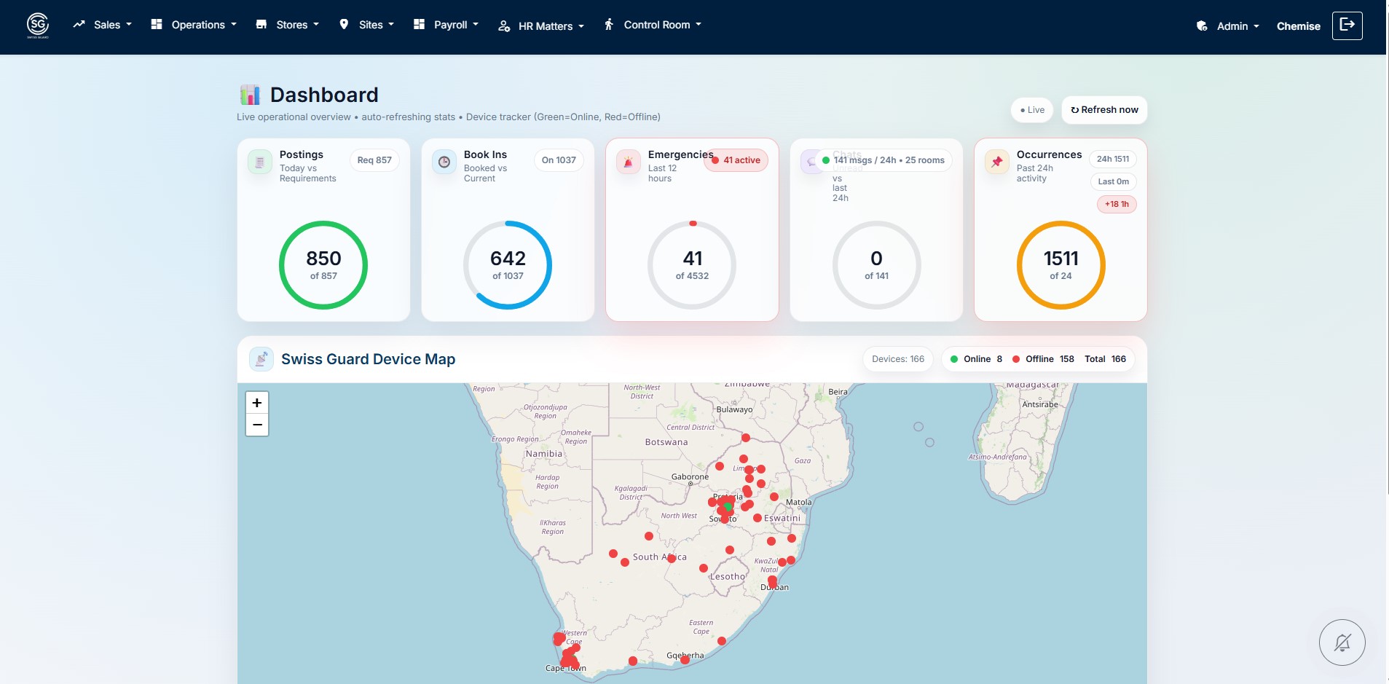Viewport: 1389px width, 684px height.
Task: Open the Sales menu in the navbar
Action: (x=103, y=25)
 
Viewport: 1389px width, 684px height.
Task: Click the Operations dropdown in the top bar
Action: (x=194, y=25)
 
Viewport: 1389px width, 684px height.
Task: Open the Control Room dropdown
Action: (x=653, y=25)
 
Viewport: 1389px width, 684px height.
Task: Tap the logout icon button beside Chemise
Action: (x=1347, y=25)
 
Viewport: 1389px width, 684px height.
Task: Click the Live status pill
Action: (x=1032, y=110)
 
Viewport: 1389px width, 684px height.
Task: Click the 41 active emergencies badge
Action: (x=736, y=160)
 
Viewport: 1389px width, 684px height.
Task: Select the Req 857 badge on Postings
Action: (x=374, y=160)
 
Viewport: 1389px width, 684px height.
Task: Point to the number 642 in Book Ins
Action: (x=508, y=259)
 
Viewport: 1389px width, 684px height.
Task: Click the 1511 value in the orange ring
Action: (x=1061, y=259)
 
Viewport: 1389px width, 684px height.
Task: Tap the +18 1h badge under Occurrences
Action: (x=1116, y=205)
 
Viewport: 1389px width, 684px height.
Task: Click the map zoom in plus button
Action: (x=257, y=403)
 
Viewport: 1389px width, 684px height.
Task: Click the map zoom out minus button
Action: (x=257, y=425)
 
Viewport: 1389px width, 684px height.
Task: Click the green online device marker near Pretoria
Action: (x=728, y=506)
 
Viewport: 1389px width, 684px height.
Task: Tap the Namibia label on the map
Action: (x=544, y=454)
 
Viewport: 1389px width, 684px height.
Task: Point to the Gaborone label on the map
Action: (x=690, y=477)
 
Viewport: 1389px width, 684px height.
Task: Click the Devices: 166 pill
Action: (x=897, y=359)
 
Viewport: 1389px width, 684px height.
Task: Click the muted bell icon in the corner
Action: (x=1342, y=642)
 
